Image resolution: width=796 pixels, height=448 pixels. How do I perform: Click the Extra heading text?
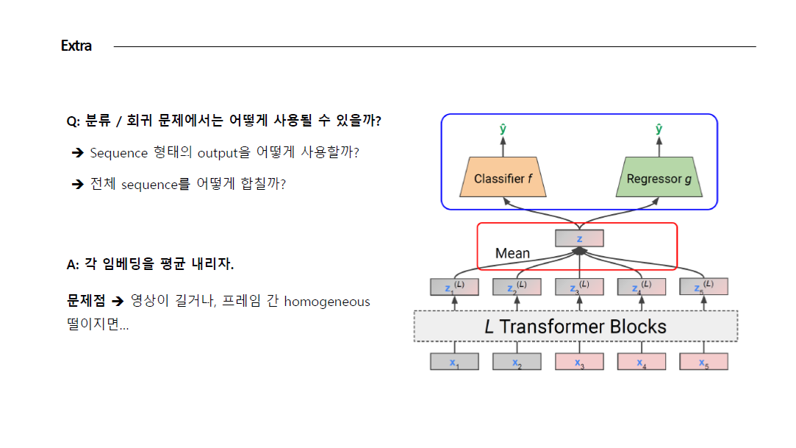pyautogui.click(x=76, y=46)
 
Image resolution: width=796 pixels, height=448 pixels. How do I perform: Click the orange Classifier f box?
pyautogui.click(x=503, y=178)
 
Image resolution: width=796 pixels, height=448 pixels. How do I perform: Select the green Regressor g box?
pyautogui.click(x=659, y=178)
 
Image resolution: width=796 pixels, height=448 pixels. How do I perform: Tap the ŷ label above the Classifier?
pyautogui.click(x=503, y=129)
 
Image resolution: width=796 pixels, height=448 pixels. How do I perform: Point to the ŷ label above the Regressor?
pyautogui.click(x=659, y=129)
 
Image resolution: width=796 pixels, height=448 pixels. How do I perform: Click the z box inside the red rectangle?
pyautogui.click(x=579, y=238)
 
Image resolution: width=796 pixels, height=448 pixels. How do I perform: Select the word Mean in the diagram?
pyautogui.click(x=512, y=253)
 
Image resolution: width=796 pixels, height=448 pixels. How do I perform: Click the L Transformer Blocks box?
pyautogui.click(x=576, y=326)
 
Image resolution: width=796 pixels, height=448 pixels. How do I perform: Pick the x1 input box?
pyautogui.click(x=454, y=362)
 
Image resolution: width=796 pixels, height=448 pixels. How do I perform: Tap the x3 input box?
pyautogui.click(x=579, y=362)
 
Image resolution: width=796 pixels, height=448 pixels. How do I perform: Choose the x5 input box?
pyautogui.click(x=703, y=362)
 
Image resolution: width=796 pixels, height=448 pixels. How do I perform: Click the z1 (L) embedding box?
pyautogui.click(x=454, y=287)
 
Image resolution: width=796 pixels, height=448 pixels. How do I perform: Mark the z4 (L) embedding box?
pyautogui.click(x=642, y=287)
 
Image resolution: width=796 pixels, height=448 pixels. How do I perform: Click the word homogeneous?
pyautogui.click(x=327, y=302)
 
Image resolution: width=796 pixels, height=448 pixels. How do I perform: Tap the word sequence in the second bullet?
pyautogui.click(x=149, y=184)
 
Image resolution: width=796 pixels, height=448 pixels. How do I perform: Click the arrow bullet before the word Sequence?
pyautogui.click(x=77, y=153)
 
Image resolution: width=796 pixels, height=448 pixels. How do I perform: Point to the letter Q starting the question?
pyautogui.click(x=71, y=121)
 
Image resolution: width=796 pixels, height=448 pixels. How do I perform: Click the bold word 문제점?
pyautogui.click(x=86, y=302)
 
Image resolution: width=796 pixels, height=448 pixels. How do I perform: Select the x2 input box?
pyautogui.click(x=517, y=362)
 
